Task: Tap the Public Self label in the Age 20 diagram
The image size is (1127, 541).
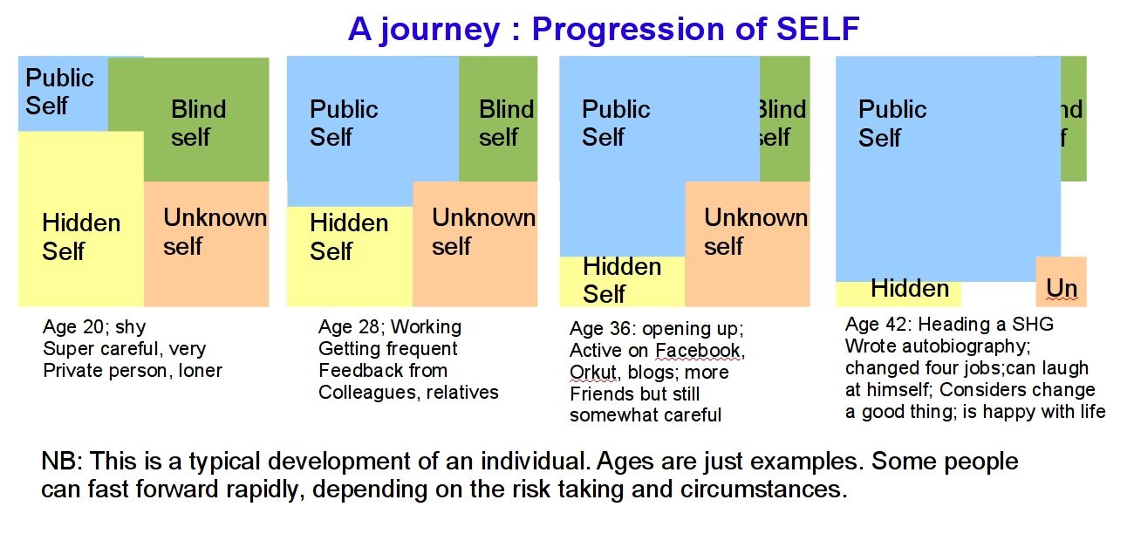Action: point(58,92)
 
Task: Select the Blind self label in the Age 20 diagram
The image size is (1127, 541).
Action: point(198,123)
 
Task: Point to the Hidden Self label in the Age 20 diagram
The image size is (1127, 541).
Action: point(80,236)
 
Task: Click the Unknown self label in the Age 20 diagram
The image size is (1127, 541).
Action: point(215,231)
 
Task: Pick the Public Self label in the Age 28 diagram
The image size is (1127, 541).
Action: point(344,123)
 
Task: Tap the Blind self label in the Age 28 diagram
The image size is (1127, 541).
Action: point(506,123)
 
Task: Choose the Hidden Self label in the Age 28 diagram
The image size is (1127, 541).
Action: point(348,236)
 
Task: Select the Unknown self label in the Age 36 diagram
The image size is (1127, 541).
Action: point(755,231)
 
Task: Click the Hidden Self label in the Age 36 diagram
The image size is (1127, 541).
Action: point(621,280)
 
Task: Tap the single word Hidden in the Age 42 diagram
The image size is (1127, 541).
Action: point(909,289)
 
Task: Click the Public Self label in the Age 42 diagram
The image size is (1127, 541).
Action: point(891,123)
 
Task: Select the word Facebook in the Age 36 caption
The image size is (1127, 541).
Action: point(699,351)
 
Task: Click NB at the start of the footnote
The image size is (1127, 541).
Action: point(59,461)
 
